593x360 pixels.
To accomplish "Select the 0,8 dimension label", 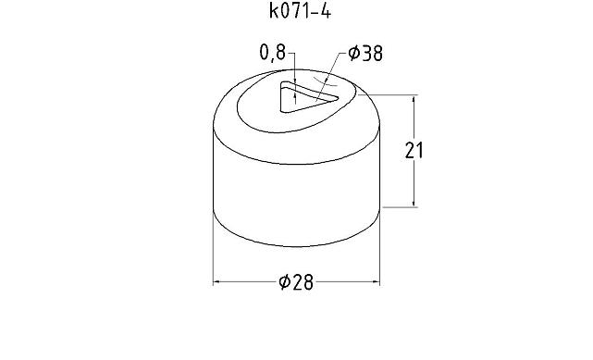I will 273,54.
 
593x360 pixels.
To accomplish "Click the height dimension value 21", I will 415,150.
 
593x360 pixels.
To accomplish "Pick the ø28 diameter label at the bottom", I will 296,282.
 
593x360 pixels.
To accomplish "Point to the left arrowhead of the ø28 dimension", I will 218,282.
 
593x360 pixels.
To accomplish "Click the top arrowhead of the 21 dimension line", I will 414,98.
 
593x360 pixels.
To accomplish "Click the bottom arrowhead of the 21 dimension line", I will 414,203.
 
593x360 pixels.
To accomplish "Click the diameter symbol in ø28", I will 284,282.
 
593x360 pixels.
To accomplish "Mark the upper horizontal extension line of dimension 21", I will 393,93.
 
